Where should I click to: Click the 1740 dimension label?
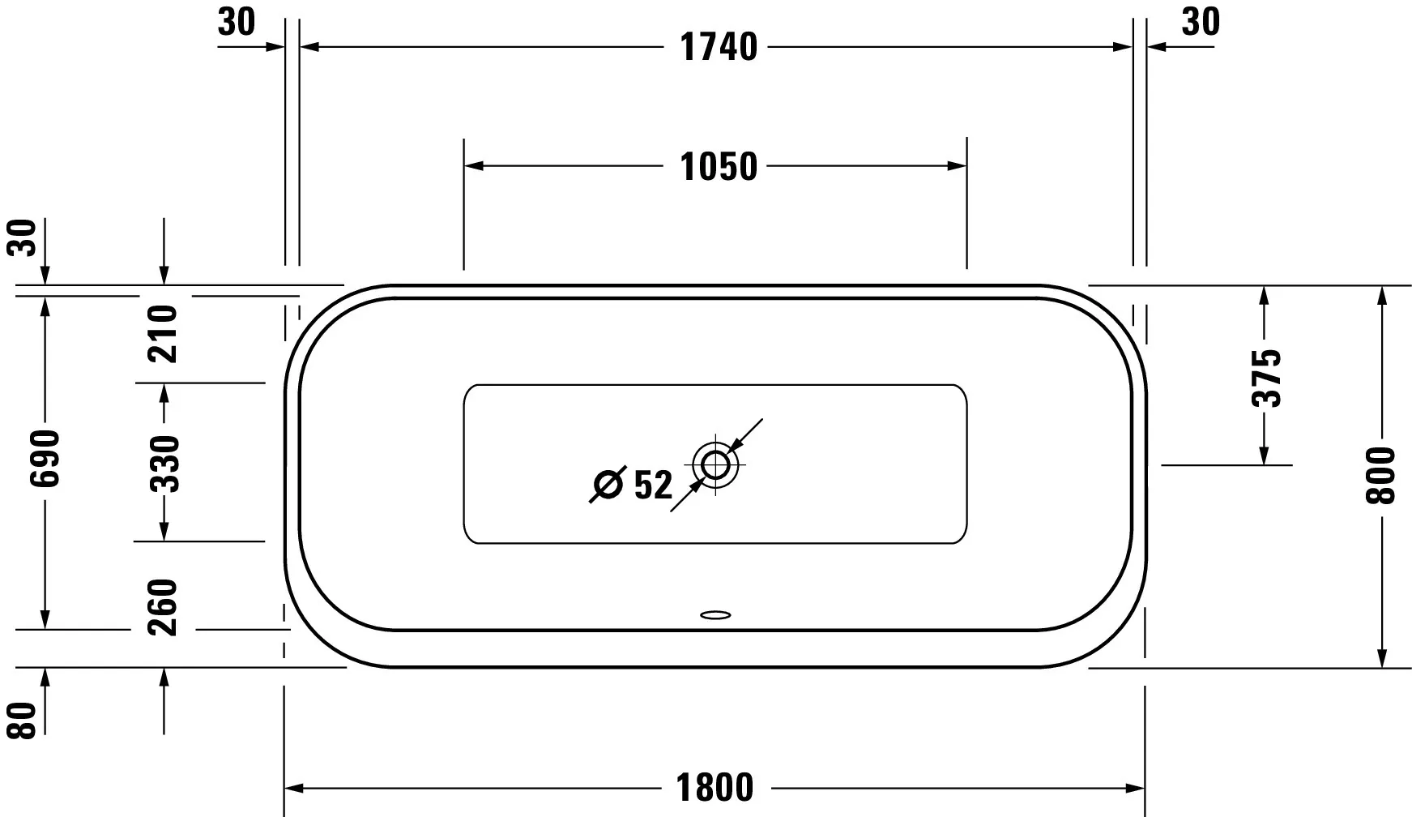(719, 47)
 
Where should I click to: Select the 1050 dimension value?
(719, 167)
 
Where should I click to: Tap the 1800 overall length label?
(715, 787)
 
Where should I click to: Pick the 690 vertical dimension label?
(45, 459)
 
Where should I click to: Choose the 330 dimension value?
(164, 464)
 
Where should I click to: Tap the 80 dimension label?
(25, 721)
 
